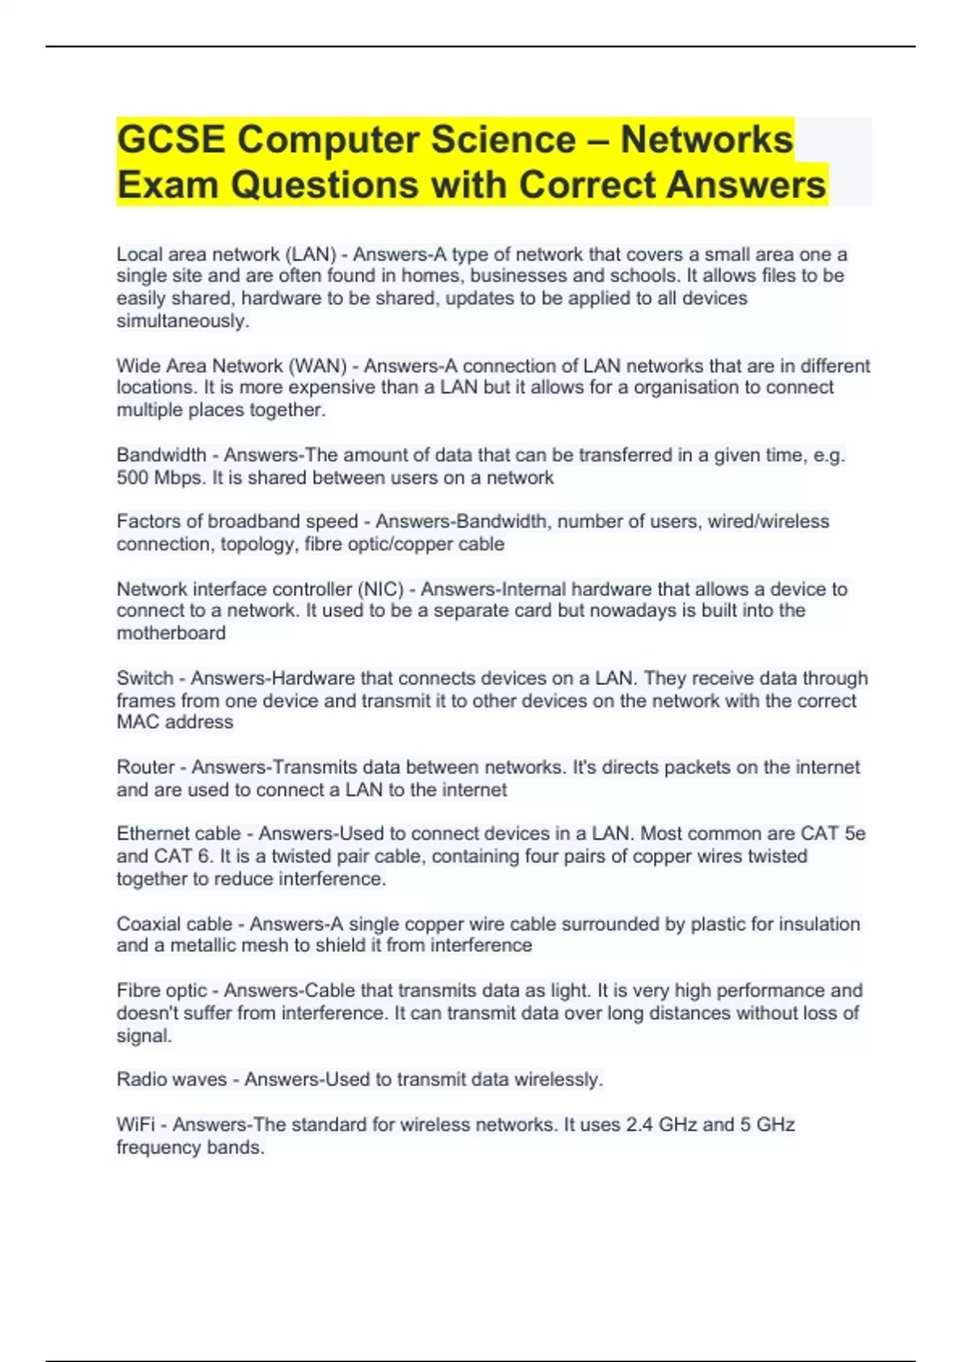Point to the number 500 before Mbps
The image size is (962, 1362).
click(x=132, y=478)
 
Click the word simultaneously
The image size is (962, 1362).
click(x=183, y=321)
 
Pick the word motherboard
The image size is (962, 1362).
click(x=171, y=633)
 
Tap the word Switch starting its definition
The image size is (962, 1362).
click(x=145, y=678)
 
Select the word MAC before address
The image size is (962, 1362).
click(x=138, y=722)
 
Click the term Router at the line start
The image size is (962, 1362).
click(x=146, y=767)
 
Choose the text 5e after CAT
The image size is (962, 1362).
click(x=855, y=833)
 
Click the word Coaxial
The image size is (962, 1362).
click(x=152, y=924)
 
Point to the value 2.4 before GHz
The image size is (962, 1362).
click(x=639, y=1124)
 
